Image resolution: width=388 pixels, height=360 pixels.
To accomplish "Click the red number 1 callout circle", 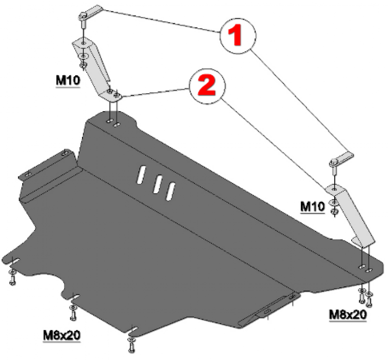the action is click(x=237, y=35).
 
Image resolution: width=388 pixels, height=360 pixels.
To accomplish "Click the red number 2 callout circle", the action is click(x=207, y=86).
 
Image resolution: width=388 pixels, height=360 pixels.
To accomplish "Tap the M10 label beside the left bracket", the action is click(x=68, y=80).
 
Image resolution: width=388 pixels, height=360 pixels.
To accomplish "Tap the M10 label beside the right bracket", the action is click(x=312, y=206).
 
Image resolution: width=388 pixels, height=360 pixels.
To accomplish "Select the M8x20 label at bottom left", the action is click(x=62, y=335).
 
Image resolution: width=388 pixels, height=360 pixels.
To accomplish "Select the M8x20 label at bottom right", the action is click(x=348, y=315).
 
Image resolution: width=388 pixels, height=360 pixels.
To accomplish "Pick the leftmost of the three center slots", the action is click(x=141, y=174).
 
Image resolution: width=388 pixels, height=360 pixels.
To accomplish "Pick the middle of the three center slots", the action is click(x=158, y=184).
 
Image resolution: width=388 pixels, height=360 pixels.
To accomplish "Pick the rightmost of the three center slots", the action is click(x=171, y=191).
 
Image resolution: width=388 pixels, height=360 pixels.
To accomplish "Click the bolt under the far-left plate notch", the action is click(x=12, y=278).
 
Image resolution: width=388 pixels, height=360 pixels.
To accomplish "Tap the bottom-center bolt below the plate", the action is click(x=131, y=345).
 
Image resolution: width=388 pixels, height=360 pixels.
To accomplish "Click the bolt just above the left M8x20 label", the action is click(x=73, y=313).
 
